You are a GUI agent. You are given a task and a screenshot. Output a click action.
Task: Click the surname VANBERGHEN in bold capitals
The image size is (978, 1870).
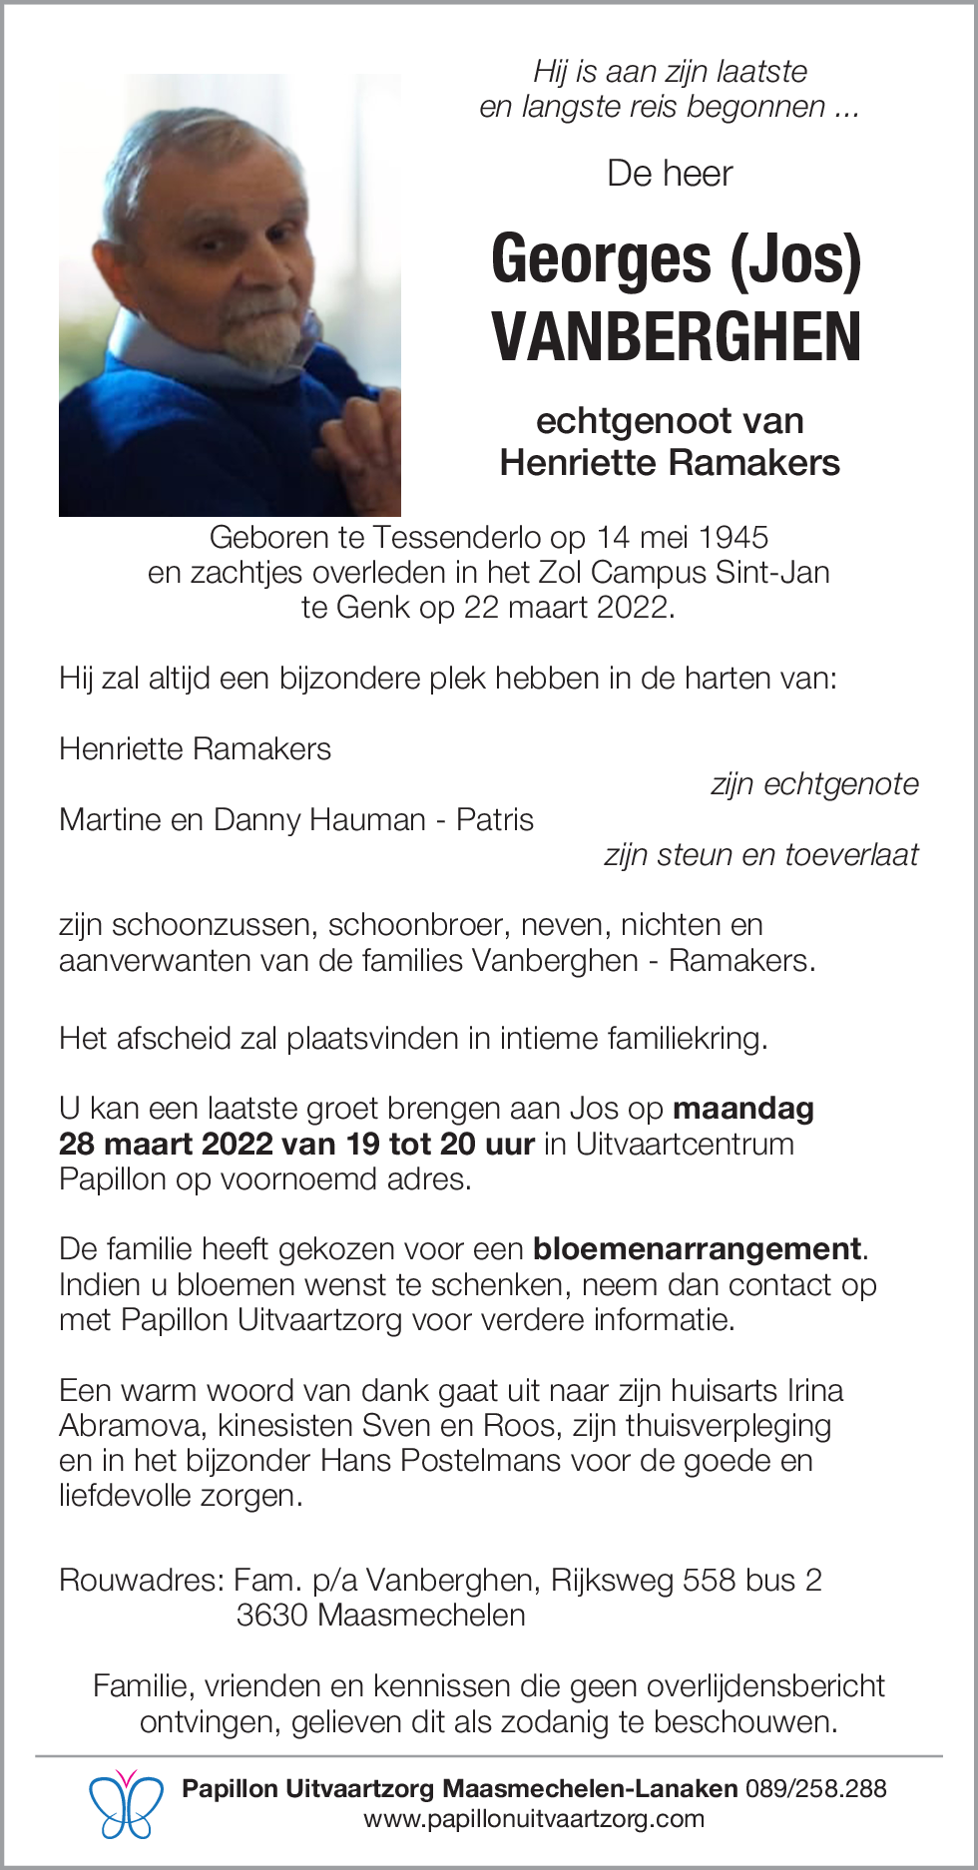click(676, 337)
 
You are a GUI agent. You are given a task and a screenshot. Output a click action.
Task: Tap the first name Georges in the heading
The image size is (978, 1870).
click(601, 259)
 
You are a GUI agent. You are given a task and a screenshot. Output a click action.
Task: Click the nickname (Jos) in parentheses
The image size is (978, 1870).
click(795, 259)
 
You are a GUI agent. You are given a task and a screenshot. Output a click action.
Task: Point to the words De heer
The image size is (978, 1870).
click(670, 174)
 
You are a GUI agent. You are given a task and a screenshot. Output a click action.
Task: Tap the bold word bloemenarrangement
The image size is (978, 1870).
click(698, 1248)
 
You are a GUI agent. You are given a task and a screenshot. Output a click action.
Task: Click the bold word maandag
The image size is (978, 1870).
click(743, 1108)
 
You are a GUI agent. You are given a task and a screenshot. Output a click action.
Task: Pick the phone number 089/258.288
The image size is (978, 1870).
click(816, 1788)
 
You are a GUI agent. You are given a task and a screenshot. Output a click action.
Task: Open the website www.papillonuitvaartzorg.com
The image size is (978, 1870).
click(534, 1818)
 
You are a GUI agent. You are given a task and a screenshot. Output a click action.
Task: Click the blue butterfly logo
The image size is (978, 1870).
click(126, 1804)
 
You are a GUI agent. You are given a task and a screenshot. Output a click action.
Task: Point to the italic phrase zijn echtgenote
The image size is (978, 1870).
click(814, 784)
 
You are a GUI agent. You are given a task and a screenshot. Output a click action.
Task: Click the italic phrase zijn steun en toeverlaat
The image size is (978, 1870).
click(760, 854)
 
